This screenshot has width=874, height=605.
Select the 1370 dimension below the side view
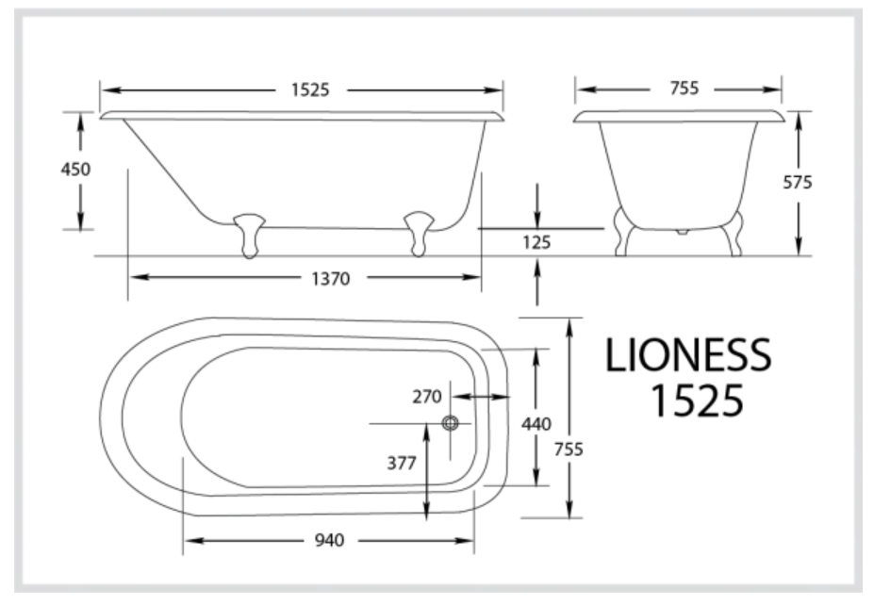[x=329, y=278]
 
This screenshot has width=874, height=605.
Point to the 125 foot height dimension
[x=536, y=242]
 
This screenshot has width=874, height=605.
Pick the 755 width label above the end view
[x=684, y=89]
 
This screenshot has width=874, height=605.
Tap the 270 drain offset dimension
[x=427, y=397]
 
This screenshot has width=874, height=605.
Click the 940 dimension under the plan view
[x=328, y=540]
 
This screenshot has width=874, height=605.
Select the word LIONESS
[x=687, y=356]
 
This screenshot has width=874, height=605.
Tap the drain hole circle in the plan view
[x=450, y=424]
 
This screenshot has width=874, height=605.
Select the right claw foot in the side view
[x=418, y=234]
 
